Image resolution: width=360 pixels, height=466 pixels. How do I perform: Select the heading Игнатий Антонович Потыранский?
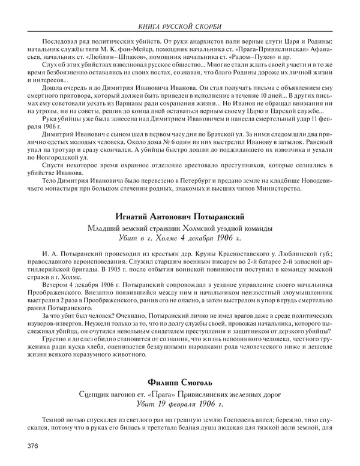coord(180,217)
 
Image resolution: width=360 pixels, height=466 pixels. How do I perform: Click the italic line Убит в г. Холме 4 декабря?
coord(180,239)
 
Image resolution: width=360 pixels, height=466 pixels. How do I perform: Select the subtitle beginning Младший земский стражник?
coord(180,229)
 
